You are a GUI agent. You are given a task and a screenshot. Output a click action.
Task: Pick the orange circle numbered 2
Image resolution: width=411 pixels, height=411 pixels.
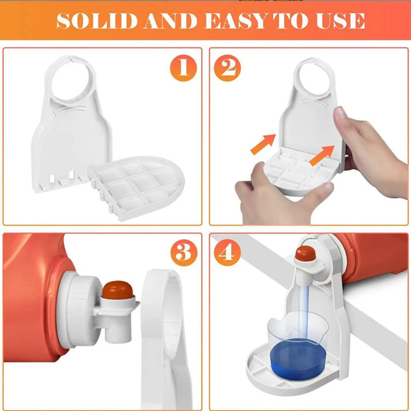coord(227,68)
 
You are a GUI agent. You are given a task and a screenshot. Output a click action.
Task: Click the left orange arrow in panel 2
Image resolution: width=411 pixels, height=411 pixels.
coord(263,144)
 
